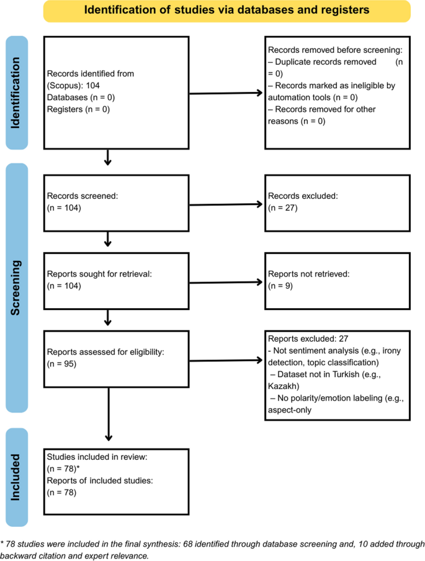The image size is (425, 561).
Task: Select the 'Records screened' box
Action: [x=115, y=202]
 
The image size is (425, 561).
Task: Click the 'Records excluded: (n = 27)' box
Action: [x=338, y=202]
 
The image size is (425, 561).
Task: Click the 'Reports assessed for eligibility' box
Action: [x=115, y=358]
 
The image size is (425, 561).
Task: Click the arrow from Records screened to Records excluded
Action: [x=225, y=204]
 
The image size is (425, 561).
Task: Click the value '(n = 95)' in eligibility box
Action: [x=61, y=364]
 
